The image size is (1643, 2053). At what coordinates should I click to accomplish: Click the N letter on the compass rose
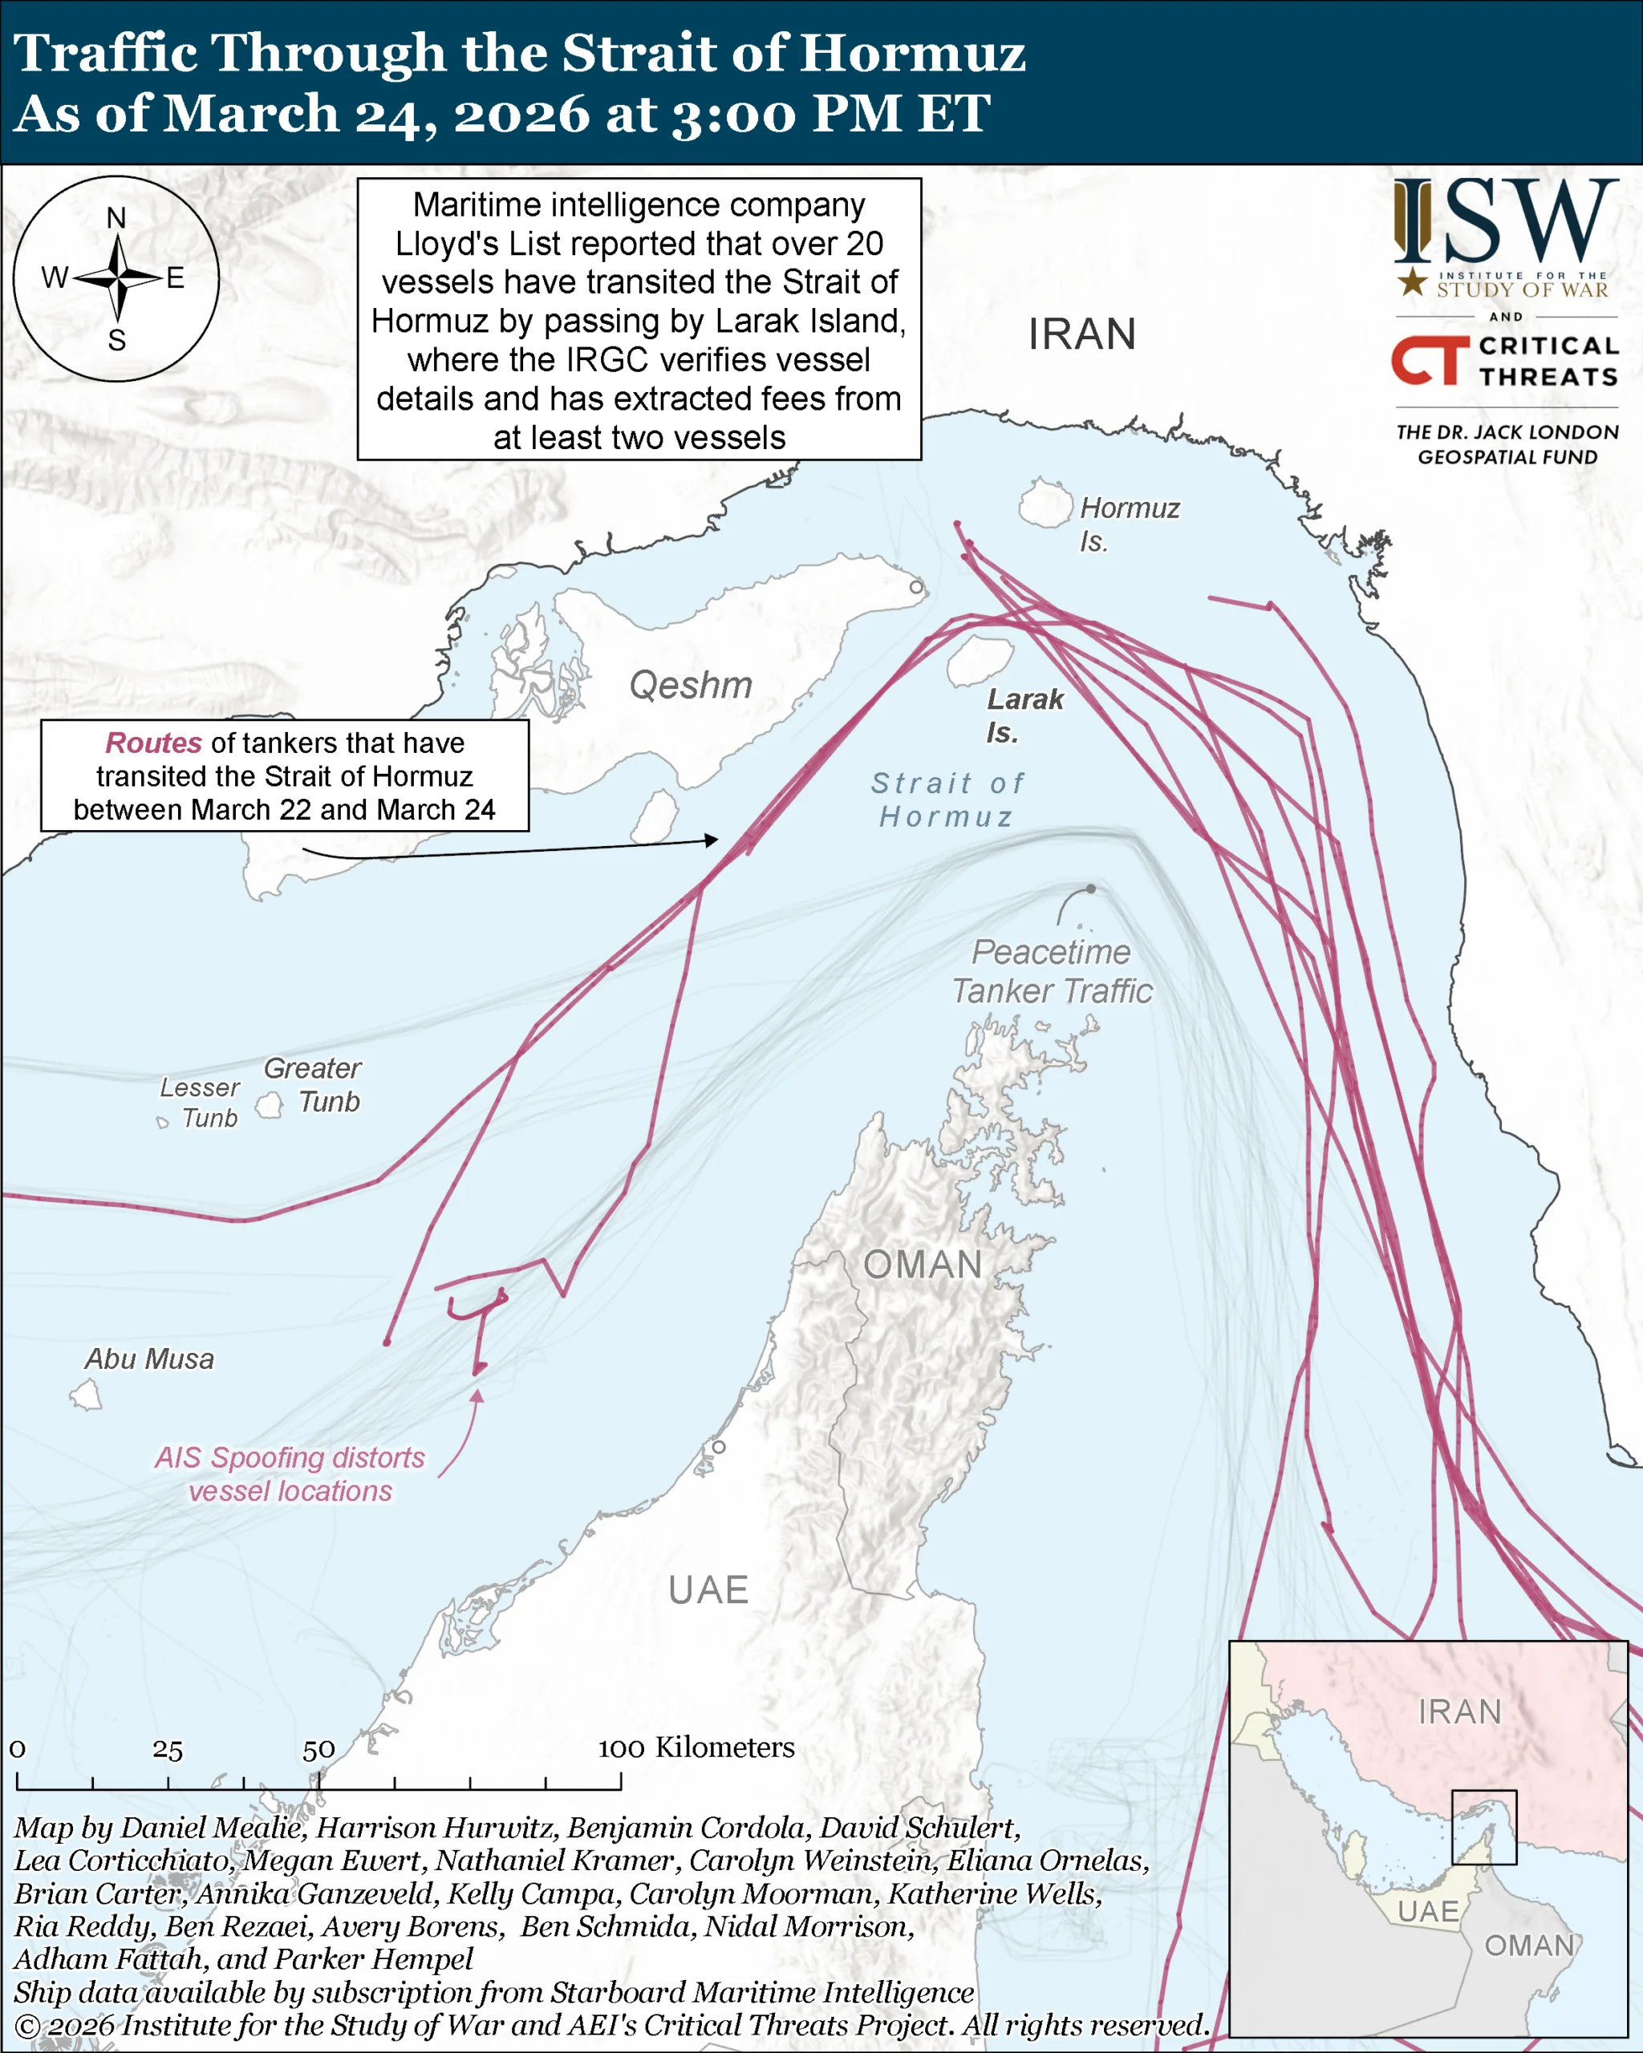pyautogui.click(x=116, y=218)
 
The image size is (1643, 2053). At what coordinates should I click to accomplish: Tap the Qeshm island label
pyautogui.click(x=691, y=686)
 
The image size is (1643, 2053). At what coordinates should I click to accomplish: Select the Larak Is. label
pyautogui.click(x=1024, y=715)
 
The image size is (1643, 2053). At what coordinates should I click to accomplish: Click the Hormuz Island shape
pyautogui.click(x=1045, y=504)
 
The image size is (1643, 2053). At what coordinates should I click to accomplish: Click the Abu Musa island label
pyautogui.click(x=149, y=1359)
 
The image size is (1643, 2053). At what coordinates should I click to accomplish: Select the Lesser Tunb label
pyautogui.click(x=199, y=1102)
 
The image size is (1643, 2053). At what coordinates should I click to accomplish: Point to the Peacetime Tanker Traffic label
pyautogui.click(x=1052, y=971)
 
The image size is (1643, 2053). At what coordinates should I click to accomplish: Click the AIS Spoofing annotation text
pyautogui.click(x=290, y=1474)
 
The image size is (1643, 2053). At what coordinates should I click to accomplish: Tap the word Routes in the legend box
pyautogui.click(x=153, y=743)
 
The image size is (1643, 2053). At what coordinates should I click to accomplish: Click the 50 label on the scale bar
pyautogui.click(x=318, y=1750)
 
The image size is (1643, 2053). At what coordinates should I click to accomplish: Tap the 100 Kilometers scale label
pyautogui.click(x=696, y=1747)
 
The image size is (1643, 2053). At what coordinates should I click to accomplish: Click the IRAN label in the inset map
pyautogui.click(x=1459, y=1712)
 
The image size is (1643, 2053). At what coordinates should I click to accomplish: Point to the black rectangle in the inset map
pyautogui.click(x=1483, y=1828)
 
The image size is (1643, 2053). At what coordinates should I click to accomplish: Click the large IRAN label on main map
pyautogui.click(x=1081, y=334)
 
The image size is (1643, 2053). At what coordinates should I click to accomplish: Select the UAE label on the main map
pyautogui.click(x=708, y=1590)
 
